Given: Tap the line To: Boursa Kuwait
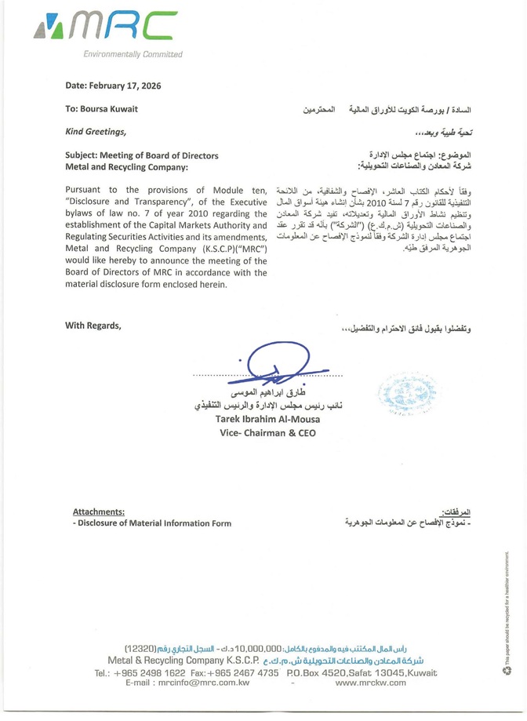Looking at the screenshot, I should coord(102,109).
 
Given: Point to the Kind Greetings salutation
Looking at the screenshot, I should coord(95,129).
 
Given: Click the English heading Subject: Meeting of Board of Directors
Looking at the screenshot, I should coord(142,156).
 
